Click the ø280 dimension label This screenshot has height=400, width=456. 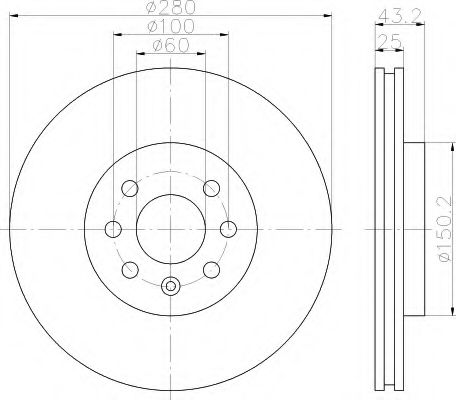171,7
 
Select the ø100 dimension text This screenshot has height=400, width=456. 171,27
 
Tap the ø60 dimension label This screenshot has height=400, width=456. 171,46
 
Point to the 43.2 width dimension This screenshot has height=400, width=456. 400,15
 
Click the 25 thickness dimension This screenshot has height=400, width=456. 389,42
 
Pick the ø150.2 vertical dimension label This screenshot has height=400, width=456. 446,229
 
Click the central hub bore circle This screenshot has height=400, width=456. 171,229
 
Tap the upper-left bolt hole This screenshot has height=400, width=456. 130,189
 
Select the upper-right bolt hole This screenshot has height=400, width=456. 212,188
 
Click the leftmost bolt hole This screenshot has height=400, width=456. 113,229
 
